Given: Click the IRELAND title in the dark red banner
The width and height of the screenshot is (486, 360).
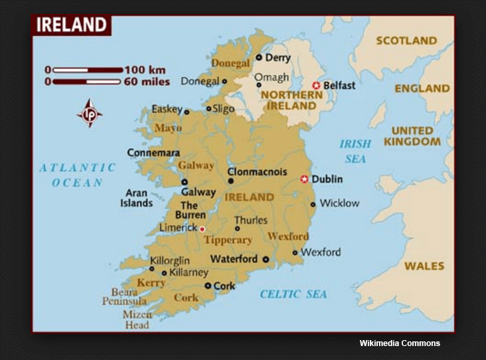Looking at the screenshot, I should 71,26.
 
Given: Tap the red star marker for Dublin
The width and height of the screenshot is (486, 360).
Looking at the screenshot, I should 305,179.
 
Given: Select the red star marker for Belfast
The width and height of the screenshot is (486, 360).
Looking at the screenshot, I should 316,86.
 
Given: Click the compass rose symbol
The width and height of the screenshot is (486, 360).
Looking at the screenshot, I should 89,113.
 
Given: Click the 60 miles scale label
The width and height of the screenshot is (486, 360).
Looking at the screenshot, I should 146,82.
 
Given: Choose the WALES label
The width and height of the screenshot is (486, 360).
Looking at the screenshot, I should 424,266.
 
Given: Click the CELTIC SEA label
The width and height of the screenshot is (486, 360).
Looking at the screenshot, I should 293,294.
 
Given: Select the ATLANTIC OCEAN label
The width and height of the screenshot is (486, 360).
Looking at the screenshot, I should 77,175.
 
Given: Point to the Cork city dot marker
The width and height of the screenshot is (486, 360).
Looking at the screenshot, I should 208,286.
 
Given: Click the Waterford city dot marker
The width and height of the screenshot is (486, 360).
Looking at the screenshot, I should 265,260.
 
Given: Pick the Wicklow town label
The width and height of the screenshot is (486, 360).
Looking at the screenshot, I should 339,203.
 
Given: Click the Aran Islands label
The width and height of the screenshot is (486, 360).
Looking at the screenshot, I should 137,198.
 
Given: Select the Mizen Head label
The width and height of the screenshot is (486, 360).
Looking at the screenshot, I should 137,319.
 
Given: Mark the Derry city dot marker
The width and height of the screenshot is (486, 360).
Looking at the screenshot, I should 259,58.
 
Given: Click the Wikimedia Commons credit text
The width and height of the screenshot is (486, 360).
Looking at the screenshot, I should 400,343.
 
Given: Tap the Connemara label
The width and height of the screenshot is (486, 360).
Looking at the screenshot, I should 153,152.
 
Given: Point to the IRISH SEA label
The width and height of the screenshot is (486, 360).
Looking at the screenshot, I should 355,151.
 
